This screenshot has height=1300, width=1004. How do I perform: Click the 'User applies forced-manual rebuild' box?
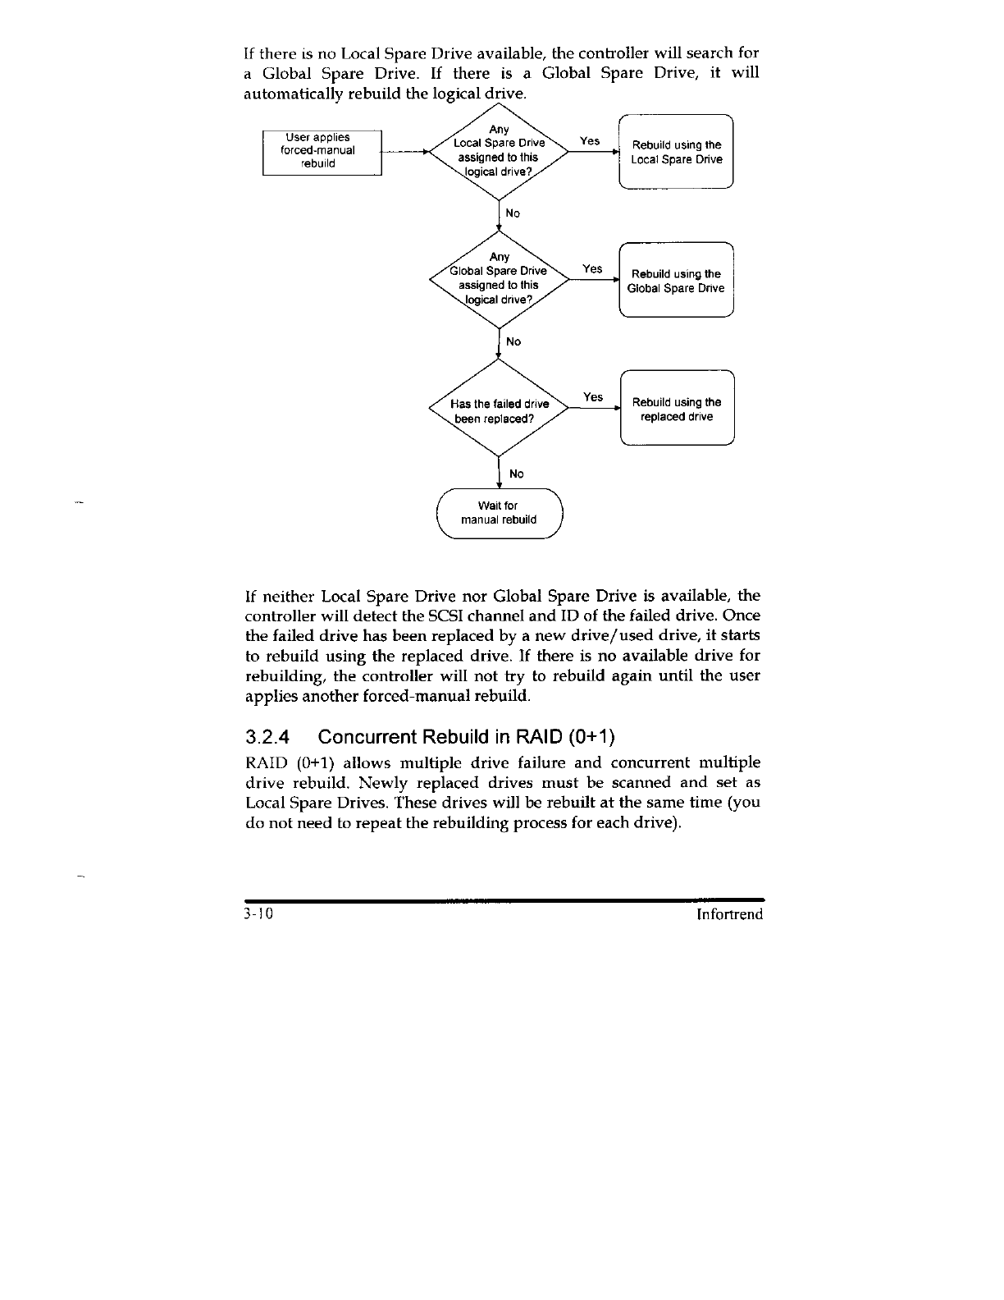click(x=322, y=152)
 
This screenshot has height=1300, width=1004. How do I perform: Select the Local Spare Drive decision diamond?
click(x=500, y=152)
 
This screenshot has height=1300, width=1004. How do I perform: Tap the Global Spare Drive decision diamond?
click(x=500, y=280)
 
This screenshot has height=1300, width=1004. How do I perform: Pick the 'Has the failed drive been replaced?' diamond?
click(x=500, y=410)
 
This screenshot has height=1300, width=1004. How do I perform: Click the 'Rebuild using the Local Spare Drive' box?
click(x=676, y=153)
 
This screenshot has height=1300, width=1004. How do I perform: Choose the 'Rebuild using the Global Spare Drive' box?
click(x=676, y=281)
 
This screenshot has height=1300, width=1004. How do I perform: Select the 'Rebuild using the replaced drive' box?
click(x=677, y=410)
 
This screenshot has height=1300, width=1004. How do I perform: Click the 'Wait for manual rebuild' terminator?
click(x=499, y=513)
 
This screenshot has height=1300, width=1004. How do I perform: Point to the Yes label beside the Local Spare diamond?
click(x=590, y=141)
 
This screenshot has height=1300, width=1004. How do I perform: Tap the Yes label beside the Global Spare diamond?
click(x=592, y=269)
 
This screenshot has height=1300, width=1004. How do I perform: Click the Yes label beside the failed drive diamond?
click(x=593, y=397)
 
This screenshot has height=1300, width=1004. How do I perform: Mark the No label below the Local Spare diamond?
click(x=513, y=213)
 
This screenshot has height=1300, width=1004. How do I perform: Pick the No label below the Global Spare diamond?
click(x=513, y=341)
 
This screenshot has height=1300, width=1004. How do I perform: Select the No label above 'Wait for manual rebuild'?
click(x=516, y=474)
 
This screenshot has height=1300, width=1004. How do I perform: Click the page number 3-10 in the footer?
click(x=258, y=914)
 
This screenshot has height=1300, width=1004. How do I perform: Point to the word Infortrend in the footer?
click(x=729, y=914)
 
